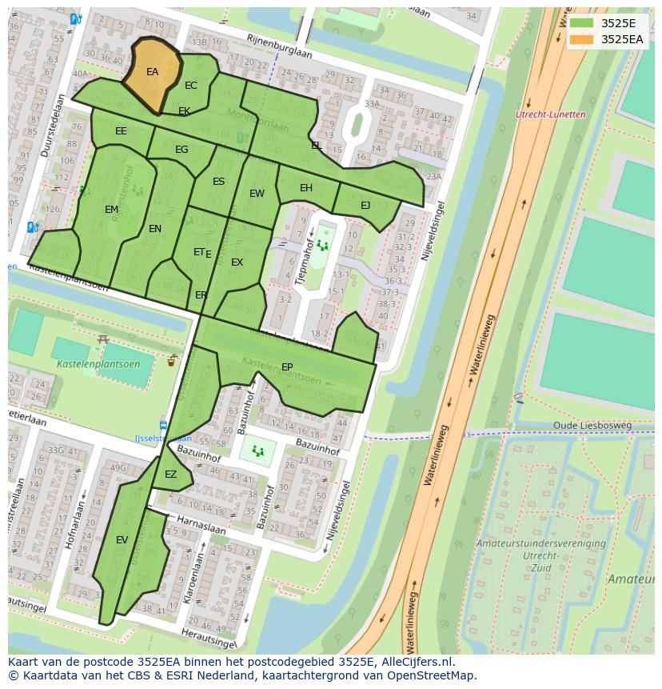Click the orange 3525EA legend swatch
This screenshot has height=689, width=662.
pyautogui.click(x=581, y=38)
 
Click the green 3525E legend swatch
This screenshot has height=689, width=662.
pyautogui.click(x=581, y=23)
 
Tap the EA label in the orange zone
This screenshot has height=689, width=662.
pyautogui.click(x=152, y=72)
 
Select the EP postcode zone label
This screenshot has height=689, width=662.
pyautogui.click(x=287, y=367)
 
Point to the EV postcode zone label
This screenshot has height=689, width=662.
pyautogui.click(x=122, y=540)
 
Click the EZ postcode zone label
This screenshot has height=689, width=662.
pyautogui.click(x=170, y=475)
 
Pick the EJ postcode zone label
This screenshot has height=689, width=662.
pyautogui.click(x=365, y=205)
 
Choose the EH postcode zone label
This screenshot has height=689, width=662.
pyautogui.click(x=306, y=188)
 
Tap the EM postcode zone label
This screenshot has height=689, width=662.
pyautogui.click(x=111, y=210)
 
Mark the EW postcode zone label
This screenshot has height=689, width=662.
pyautogui.click(x=257, y=194)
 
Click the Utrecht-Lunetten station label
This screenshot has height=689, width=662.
pyautogui.click(x=551, y=114)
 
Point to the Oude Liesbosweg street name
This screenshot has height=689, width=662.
pyautogui.click(x=592, y=426)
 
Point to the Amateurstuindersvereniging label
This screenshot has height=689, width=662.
pyautogui.click(x=540, y=543)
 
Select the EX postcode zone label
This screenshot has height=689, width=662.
pyautogui.click(x=237, y=262)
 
